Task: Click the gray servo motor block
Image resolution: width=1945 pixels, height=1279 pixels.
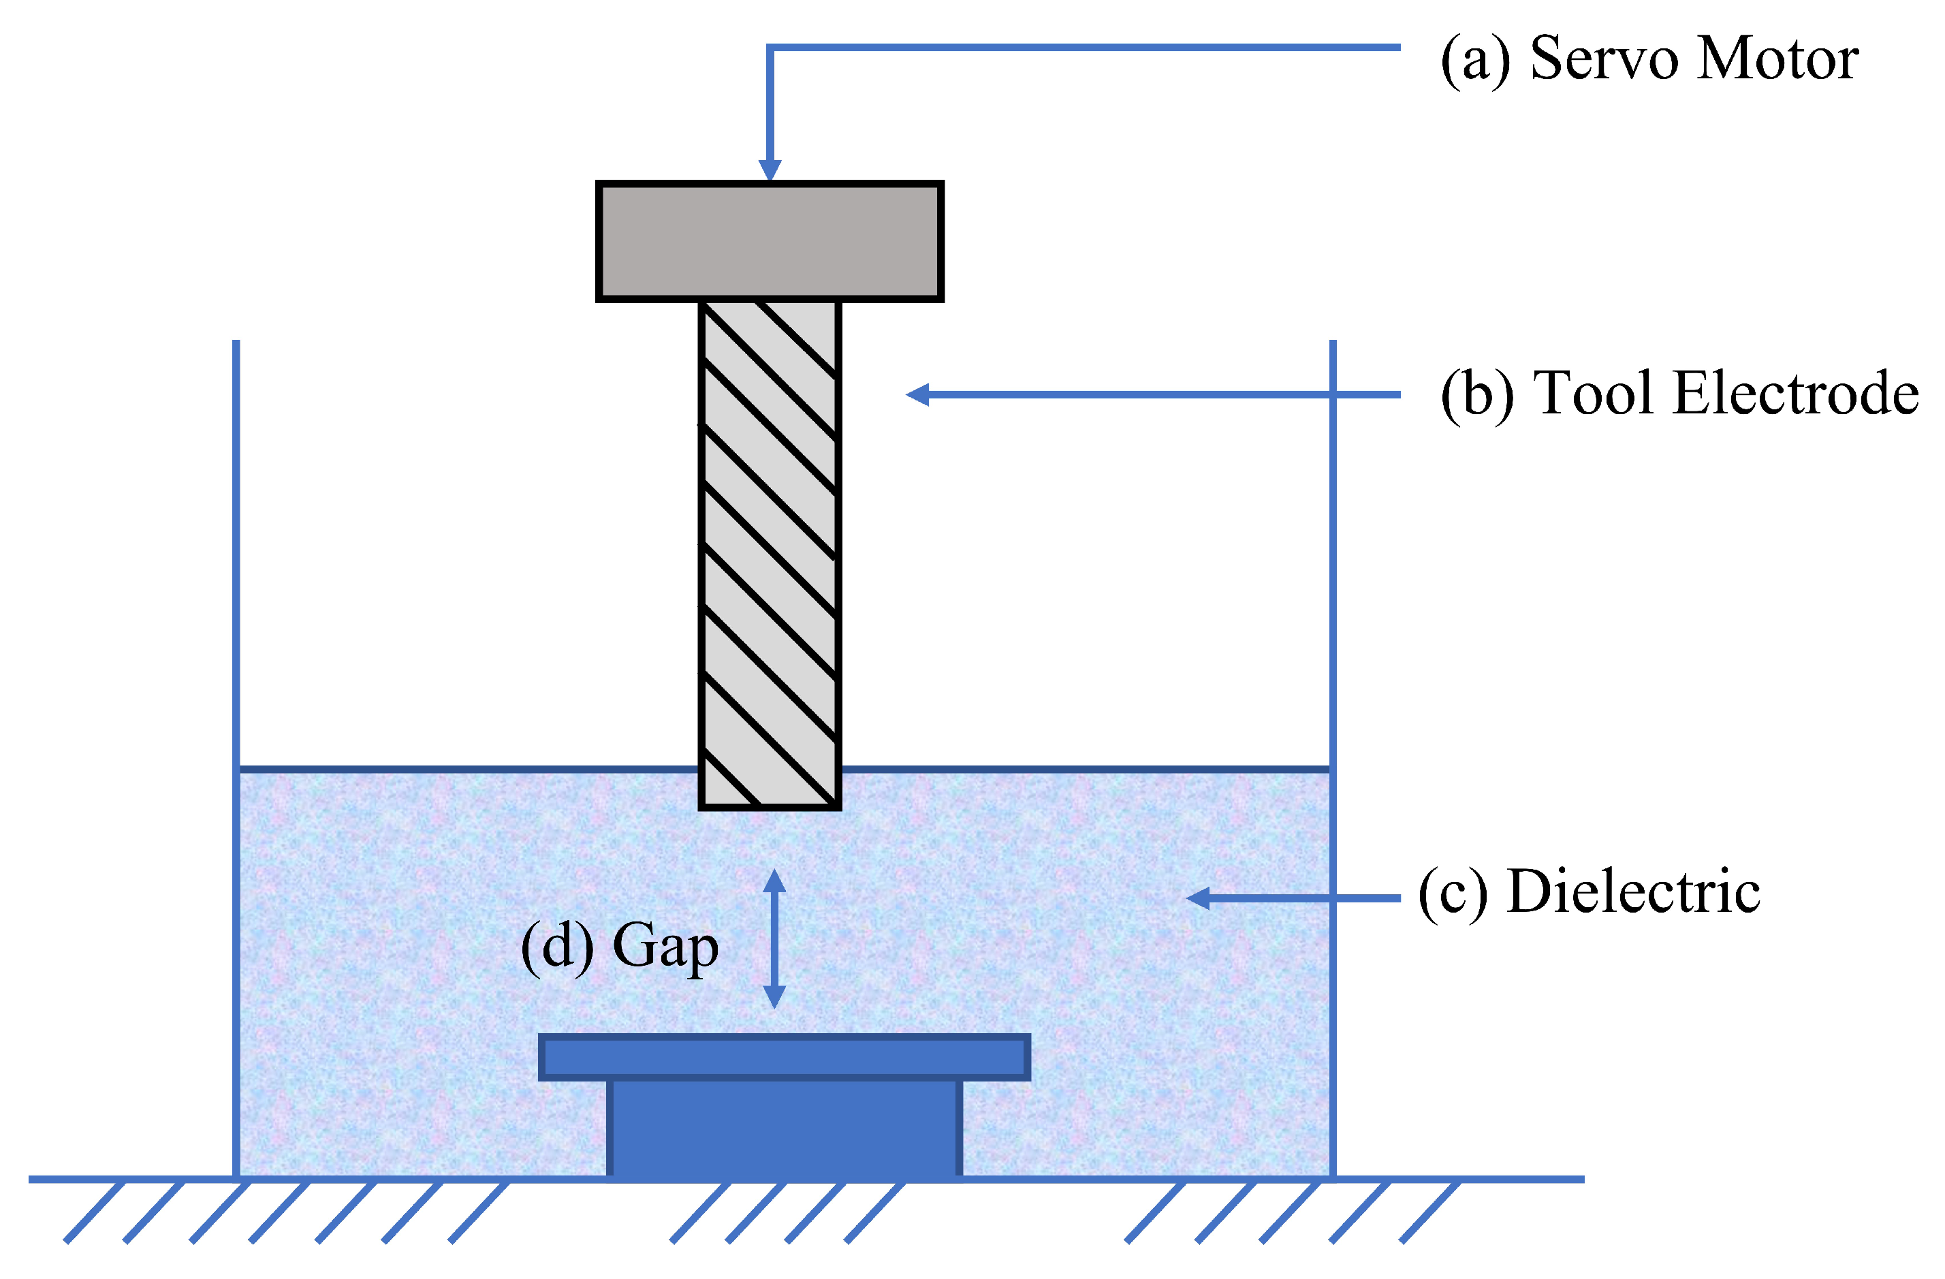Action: point(769,242)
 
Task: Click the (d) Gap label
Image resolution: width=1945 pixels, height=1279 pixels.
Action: point(620,947)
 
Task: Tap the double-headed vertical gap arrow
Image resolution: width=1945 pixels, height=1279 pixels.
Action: point(774,939)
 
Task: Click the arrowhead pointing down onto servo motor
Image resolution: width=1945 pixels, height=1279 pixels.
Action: point(769,170)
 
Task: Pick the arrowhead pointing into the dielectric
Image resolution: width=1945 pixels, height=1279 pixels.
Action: point(1198,899)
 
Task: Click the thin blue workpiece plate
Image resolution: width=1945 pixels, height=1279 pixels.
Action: point(784,1058)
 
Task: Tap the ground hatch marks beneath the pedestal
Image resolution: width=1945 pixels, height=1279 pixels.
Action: point(785,1213)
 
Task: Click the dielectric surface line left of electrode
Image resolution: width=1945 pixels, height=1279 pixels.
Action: point(466,769)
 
